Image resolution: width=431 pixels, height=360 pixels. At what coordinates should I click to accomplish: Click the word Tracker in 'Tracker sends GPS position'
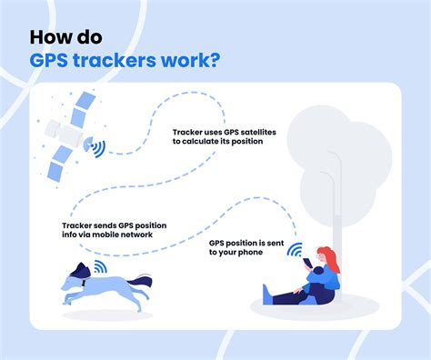point(78,224)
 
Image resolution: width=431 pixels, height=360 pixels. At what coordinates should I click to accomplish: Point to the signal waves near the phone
point(293,251)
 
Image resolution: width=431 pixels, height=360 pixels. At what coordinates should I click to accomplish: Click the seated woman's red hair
point(329,262)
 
